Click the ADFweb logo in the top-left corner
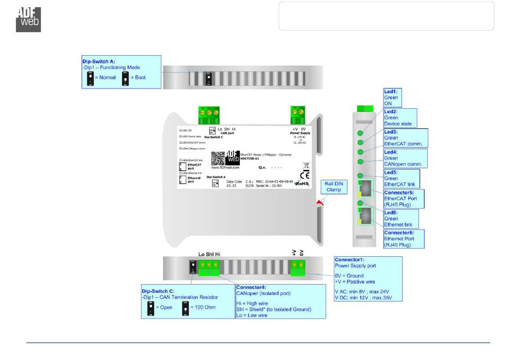(x=28, y=19)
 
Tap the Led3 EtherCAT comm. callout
(x=405, y=138)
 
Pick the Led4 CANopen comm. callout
(x=405, y=158)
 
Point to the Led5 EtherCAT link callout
(x=399, y=178)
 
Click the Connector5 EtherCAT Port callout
(x=404, y=198)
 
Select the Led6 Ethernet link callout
(x=400, y=219)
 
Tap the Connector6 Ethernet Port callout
(x=404, y=239)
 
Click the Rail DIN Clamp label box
(x=334, y=186)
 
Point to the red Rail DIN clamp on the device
(x=319, y=203)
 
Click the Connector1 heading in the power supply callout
(x=350, y=260)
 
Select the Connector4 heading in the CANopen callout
(x=251, y=286)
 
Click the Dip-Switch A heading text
(x=98, y=62)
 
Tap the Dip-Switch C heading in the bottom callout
(x=159, y=292)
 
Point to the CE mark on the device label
(x=298, y=175)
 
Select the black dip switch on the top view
(x=208, y=80)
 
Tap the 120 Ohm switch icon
(x=185, y=308)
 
